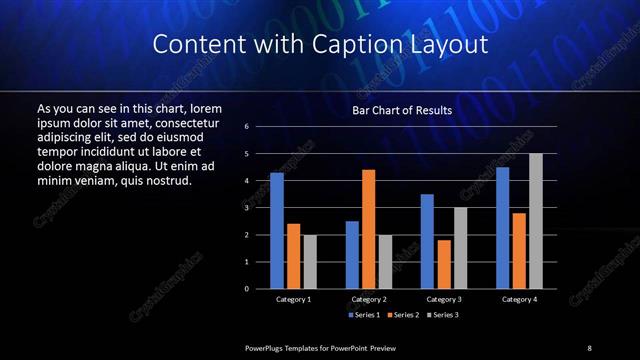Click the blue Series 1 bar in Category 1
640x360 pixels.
coord(277,230)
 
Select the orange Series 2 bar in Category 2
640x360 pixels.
coord(369,229)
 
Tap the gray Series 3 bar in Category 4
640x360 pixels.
coord(536,221)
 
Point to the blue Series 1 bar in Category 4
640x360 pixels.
coord(503,228)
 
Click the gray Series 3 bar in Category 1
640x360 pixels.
coord(310,261)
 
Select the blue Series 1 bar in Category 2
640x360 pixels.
coord(352,254)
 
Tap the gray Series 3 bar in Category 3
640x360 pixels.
coord(460,248)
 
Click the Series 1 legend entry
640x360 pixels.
coord(363,314)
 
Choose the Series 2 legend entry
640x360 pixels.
coord(404,314)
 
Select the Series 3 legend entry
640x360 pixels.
coord(445,314)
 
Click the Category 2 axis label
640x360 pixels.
coord(369,299)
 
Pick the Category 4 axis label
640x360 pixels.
coord(519,299)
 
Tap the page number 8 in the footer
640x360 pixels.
coord(589,347)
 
